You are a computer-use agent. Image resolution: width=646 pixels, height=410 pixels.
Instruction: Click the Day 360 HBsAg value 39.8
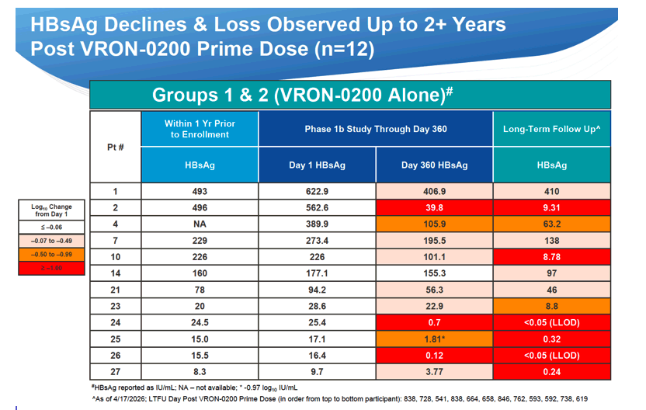(434, 207)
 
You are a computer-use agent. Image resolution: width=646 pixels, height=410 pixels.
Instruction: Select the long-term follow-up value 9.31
(551, 207)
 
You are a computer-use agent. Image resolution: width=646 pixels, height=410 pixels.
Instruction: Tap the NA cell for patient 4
(200, 224)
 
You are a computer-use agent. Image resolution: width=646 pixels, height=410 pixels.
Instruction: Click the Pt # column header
(116, 147)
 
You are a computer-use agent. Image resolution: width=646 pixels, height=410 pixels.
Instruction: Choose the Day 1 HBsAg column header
(317, 165)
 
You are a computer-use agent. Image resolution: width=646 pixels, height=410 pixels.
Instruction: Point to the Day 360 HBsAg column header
(434, 165)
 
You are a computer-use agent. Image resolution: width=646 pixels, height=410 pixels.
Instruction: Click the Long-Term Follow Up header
(551, 129)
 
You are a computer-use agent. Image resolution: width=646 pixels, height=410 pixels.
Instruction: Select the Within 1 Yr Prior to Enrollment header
(200, 129)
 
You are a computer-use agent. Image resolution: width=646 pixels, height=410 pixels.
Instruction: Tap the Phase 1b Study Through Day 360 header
(376, 129)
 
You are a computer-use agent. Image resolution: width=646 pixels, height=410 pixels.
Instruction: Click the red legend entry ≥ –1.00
(51, 268)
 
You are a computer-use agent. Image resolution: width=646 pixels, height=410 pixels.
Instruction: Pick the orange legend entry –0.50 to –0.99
(51, 254)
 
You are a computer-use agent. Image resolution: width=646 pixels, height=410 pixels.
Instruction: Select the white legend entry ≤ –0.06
(51, 227)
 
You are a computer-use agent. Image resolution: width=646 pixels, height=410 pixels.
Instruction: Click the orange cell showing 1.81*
(434, 339)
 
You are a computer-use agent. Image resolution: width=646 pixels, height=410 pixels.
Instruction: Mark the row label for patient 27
(116, 372)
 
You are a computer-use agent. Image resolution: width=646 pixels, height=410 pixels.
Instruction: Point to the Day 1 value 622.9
(317, 191)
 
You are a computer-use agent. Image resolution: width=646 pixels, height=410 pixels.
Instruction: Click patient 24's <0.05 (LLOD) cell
(551, 323)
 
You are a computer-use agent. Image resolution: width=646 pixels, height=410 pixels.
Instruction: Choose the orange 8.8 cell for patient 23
(551, 306)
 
